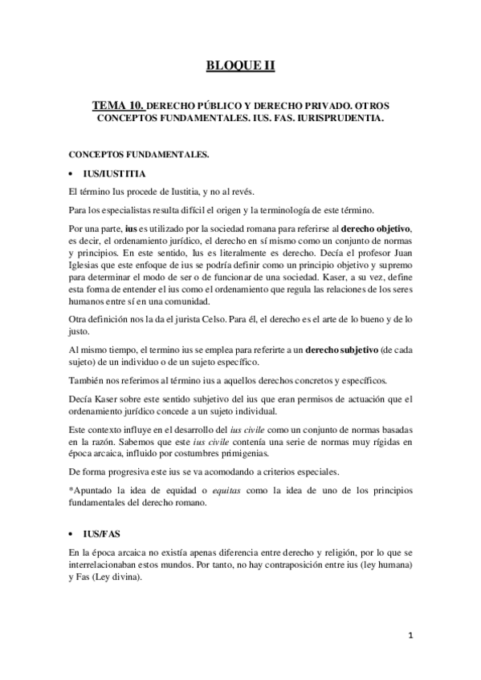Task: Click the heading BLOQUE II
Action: (240, 65)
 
